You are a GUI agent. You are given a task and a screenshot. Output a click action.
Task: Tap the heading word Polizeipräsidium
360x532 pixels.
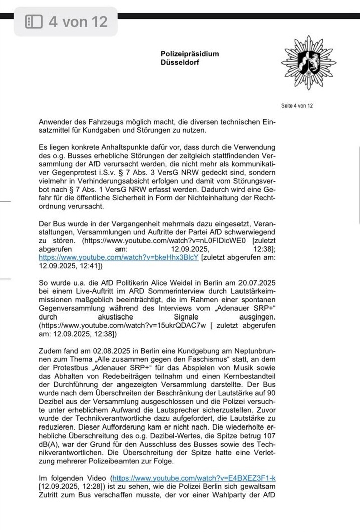click(190, 54)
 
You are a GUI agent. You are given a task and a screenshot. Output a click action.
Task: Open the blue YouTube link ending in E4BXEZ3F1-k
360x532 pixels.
click(194, 477)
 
